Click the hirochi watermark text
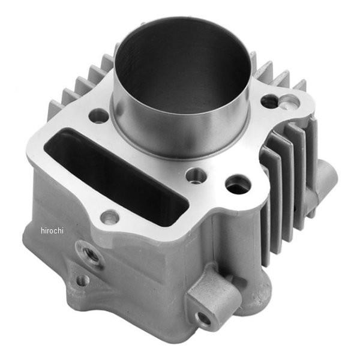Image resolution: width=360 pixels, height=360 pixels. (52, 230)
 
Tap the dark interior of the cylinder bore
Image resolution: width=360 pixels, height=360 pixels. (181, 67)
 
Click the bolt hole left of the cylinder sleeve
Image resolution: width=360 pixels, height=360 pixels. (98, 116)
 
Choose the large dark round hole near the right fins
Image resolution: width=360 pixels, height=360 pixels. (238, 185)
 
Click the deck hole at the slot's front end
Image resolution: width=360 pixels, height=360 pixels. (110, 217)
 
